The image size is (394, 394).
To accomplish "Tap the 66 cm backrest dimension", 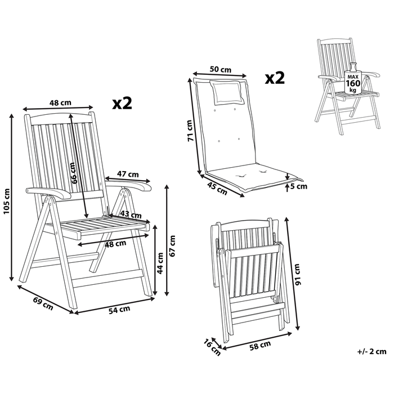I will [x=74, y=169].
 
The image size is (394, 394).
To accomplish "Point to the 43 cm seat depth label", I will [x=131, y=215].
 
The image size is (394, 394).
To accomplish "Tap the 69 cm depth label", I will [x=43, y=303].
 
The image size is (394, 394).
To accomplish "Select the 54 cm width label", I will [x=119, y=308].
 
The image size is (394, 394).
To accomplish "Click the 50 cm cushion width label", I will [x=220, y=69].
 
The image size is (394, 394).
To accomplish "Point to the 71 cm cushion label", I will [x=191, y=129].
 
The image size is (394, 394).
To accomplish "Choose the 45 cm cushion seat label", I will [x=217, y=186].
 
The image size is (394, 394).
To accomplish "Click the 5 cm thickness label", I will [x=298, y=185].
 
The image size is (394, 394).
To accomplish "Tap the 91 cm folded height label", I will [x=298, y=274].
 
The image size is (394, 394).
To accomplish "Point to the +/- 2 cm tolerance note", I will [x=371, y=352].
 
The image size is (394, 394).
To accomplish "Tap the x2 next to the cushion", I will [x=275, y=78].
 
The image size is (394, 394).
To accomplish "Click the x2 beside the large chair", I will [x=122, y=102].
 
